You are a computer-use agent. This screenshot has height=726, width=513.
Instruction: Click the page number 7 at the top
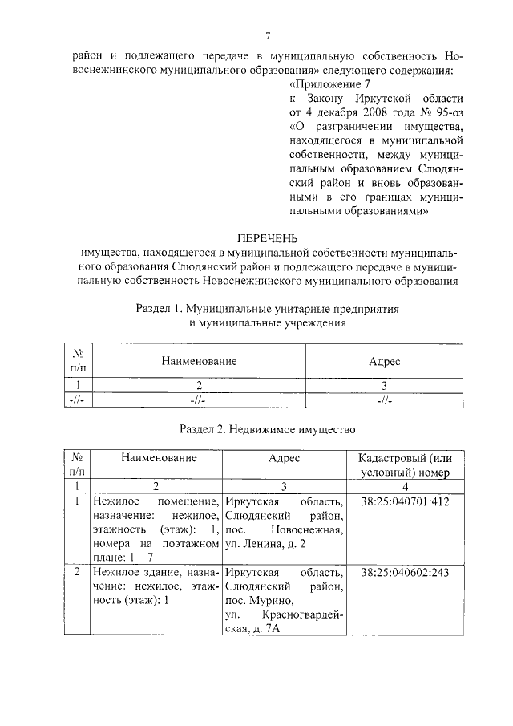coord(269,36)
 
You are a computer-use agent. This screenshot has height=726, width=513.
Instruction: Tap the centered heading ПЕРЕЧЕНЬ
coord(269,238)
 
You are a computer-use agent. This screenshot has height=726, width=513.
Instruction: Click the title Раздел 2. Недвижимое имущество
coord(267,429)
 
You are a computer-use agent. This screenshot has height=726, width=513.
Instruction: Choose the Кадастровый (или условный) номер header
coord(406,464)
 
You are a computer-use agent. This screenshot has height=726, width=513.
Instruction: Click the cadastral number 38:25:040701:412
coord(406,501)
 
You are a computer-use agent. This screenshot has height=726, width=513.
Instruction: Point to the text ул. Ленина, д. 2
coord(265,545)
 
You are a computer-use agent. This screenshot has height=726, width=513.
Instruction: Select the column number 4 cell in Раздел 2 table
coord(406,486)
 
